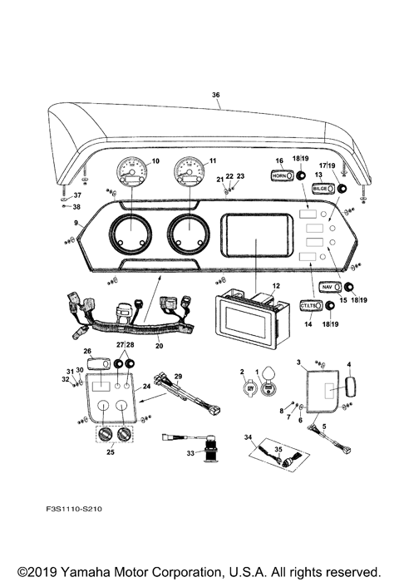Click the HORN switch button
click(280, 175)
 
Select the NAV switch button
click(330, 287)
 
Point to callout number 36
click(216, 96)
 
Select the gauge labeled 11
click(190, 174)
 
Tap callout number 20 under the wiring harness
click(158, 346)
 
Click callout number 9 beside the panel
click(76, 223)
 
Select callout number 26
click(87, 351)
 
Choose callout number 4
click(349, 364)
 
